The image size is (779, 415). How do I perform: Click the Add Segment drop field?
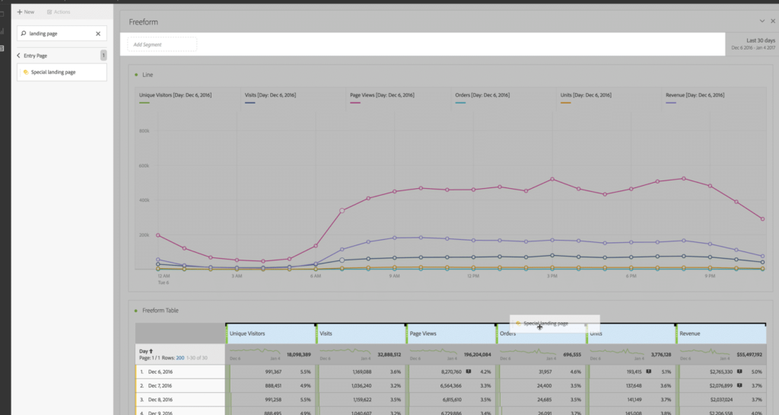(161, 44)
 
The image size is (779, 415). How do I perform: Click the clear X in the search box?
(98, 34)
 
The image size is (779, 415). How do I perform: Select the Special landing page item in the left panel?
(62, 72)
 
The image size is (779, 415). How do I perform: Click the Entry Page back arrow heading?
(33, 56)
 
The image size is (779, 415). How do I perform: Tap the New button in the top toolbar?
(26, 12)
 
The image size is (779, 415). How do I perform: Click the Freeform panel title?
(144, 22)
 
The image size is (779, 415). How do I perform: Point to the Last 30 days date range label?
(760, 40)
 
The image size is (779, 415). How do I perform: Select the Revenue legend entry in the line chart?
(695, 95)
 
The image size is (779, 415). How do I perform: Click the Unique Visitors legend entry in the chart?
(175, 95)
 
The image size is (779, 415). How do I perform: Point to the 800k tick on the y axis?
(143, 131)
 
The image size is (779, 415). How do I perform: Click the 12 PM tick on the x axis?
(472, 276)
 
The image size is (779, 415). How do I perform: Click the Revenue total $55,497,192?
(746, 355)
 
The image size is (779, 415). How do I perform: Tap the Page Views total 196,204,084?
(472, 355)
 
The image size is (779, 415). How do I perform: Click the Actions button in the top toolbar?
(59, 12)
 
